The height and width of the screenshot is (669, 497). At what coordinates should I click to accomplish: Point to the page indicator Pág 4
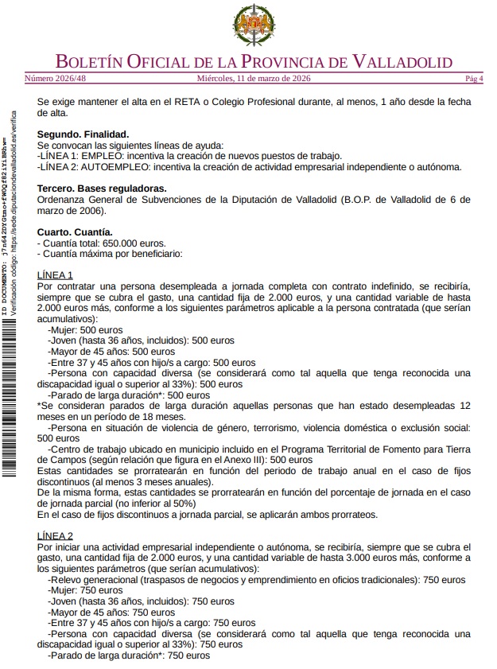[x=474, y=79]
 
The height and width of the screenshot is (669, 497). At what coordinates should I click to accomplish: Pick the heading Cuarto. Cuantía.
[x=80, y=232]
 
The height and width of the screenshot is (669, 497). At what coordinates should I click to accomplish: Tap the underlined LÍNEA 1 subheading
[x=55, y=275]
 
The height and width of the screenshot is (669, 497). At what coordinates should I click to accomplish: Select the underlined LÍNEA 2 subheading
[x=55, y=535]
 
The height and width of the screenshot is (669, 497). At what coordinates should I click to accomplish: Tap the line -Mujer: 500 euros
[x=85, y=329]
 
